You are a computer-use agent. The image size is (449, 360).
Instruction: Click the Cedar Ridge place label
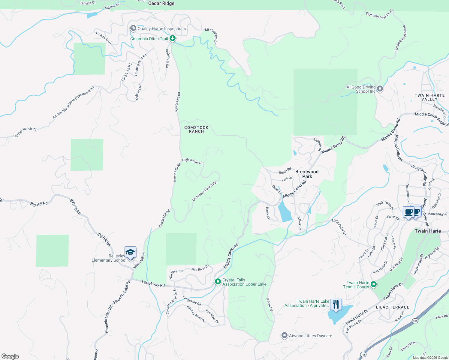click(x=161, y=4)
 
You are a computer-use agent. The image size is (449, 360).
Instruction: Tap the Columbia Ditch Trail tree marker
click(x=172, y=38)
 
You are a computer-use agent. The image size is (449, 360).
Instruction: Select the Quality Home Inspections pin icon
click(x=133, y=28)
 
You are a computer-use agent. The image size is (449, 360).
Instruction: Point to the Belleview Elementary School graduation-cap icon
click(x=130, y=252)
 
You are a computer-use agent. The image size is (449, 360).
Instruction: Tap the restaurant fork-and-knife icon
click(x=336, y=304)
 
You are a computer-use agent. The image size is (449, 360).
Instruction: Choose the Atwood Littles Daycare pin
click(x=284, y=335)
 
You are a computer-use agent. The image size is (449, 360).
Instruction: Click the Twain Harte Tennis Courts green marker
click(x=374, y=284)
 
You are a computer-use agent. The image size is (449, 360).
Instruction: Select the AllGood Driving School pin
click(x=380, y=89)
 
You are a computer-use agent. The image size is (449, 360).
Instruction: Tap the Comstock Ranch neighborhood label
click(x=196, y=129)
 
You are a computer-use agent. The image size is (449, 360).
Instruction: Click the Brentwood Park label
click(x=307, y=174)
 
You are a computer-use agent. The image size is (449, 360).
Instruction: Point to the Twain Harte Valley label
click(x=429, y=97)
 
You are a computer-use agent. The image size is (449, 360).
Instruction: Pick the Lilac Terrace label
click(x=393, y=307)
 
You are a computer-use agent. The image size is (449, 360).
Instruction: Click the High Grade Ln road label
click(x=192, y=161)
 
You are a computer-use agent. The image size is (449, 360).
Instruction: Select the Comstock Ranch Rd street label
click(x=204, y=191)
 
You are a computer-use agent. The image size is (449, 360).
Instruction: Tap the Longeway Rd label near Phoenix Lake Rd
click(x=153, y=283)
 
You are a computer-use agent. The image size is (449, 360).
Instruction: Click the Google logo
click(x=10, y=356)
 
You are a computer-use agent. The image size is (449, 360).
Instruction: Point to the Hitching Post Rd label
click(x=140, y=65)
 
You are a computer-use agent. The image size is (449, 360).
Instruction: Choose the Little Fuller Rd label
click(x=339, y=227)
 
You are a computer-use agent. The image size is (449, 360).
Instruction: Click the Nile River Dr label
click(x=200, y=268)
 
